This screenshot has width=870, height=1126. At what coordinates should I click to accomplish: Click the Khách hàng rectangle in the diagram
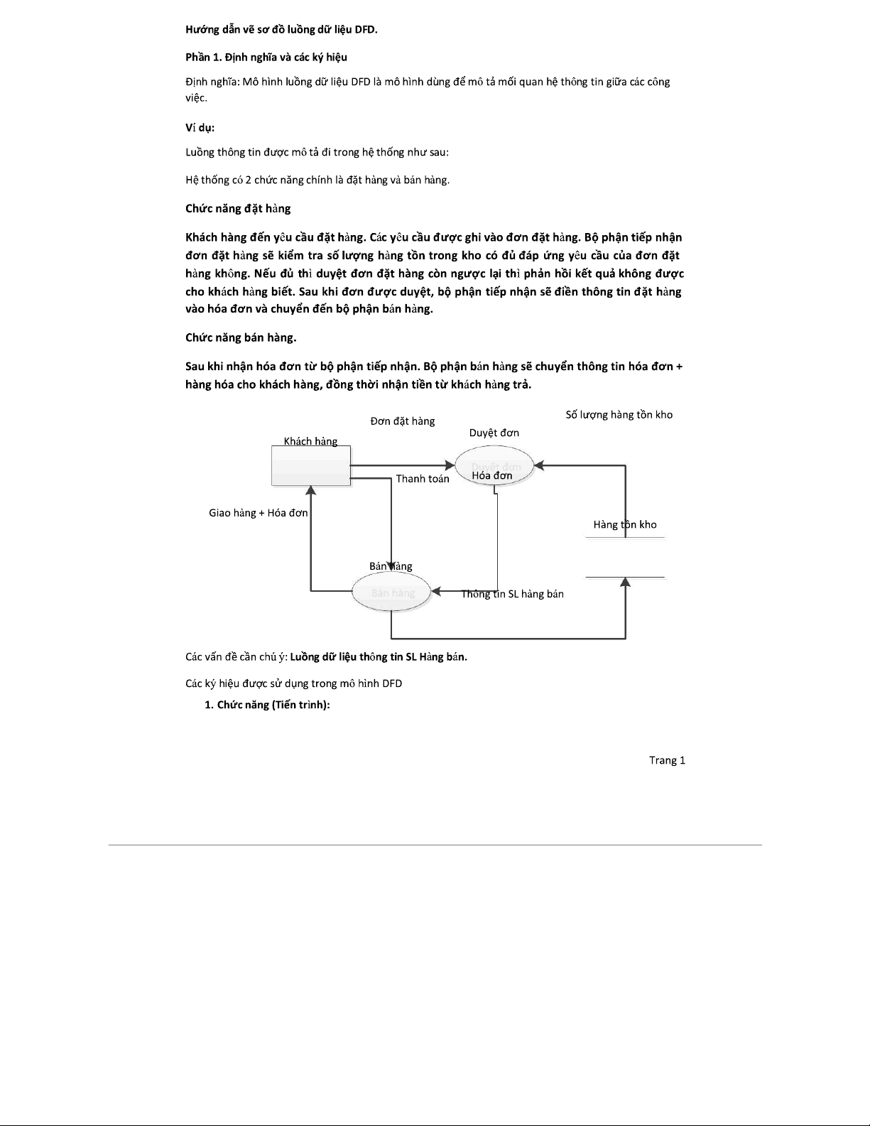point(311,466)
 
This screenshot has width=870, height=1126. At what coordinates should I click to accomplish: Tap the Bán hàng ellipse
point(392,592)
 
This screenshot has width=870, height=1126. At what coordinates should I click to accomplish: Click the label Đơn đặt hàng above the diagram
point(403,421)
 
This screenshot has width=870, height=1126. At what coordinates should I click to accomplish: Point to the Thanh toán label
point(423,479)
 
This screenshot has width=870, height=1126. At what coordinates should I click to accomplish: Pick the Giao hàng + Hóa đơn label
point(258,513)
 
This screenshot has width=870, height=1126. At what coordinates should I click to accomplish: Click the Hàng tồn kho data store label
point(625,525)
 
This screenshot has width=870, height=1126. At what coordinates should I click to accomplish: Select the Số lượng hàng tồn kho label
point(619,415)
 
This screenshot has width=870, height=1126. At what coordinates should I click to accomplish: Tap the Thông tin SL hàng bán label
point(513,594)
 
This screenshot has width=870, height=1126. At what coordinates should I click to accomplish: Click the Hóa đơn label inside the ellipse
point(491,475)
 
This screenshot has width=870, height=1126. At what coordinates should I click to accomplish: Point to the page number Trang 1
point(667,760)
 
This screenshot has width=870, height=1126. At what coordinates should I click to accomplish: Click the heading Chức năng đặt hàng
point(238,209)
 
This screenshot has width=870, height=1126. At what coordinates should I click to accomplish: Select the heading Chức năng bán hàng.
point(241,338)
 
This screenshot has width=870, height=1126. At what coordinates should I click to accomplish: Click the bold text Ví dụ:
point(200,128)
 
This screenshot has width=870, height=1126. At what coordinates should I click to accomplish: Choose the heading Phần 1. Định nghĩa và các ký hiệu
point(266,57)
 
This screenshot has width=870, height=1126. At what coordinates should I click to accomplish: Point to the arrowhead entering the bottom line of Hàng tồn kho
point(625,582)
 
